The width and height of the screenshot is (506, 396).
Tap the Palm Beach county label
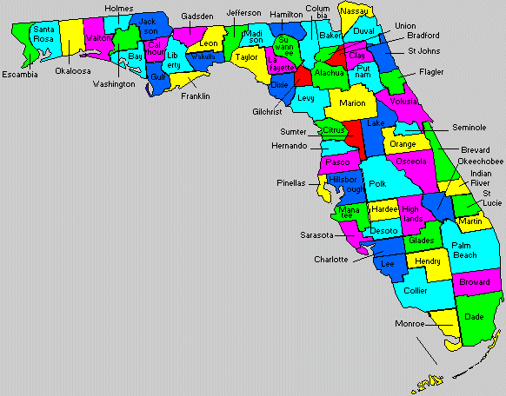click(x=464, y=250)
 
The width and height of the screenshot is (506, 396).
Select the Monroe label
click(x=409, y=323)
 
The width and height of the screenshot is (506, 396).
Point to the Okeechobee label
click(x=480, y=162)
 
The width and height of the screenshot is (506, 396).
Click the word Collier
click(x=416, y=291)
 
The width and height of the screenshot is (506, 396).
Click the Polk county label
click(x=377, y=184)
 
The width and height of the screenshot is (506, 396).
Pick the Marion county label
click(x=352, y=103)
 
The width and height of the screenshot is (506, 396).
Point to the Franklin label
click(x=196, y=96)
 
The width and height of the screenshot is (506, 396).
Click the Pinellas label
click(x=292, y=183)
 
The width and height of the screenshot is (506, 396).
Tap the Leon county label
click(x=209, y=43)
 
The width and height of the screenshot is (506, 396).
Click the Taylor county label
click(x=246, y=56)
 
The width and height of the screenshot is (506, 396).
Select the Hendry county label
click(x=428, y=261)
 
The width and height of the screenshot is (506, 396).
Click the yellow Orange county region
click(x=403, y=143)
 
